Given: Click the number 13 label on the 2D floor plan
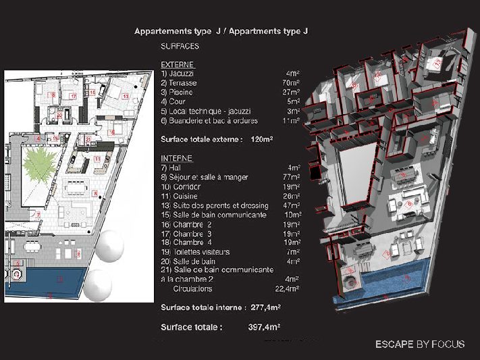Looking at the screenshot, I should coord(125,97).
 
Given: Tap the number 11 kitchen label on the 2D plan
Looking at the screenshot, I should coord(98,159).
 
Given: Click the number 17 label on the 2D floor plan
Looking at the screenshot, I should coord(73,97).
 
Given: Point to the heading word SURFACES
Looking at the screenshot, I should coord(180,46).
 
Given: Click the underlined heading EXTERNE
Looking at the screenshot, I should coord(178,64).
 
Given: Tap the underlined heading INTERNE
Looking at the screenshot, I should coord(177,158).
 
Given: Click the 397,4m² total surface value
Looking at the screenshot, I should coord(264,327).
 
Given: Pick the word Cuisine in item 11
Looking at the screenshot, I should coord(186,195).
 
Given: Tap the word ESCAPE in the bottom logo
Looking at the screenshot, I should coord(394,344).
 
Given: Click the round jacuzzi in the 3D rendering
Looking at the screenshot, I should coord(350,278).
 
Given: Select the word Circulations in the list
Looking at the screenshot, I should coord(193,288).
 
